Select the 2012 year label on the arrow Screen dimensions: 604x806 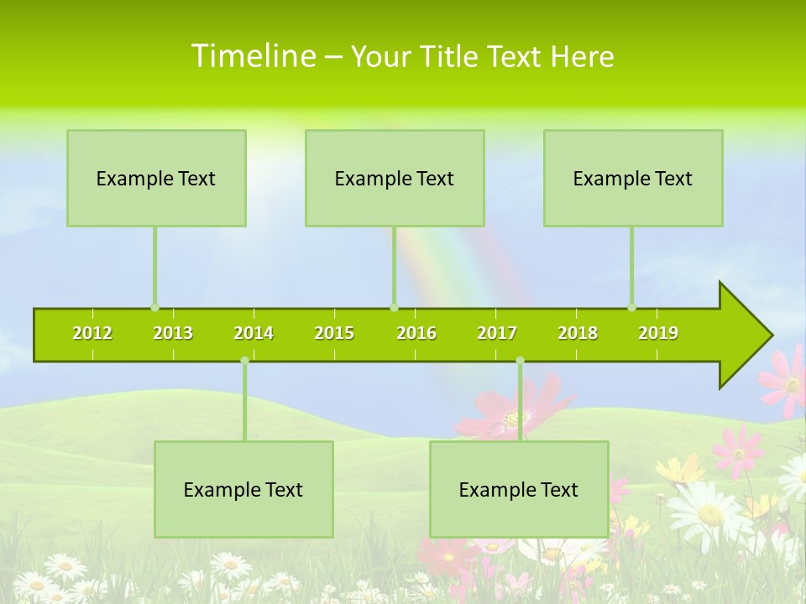click(92, 333)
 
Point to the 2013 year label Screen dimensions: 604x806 click(173, 333)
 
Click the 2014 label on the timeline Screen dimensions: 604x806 click(254, 333)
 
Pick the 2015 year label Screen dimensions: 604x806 click(334, 333)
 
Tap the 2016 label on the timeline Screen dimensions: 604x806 click(416, 333)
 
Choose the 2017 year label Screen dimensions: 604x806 click(497, 333)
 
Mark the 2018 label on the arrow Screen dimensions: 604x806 click(578, 333)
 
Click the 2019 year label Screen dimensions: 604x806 click(658, 333)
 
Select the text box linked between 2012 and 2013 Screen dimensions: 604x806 click(156, 178)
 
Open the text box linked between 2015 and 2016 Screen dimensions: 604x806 click(395, 178)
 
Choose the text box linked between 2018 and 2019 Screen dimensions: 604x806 click(633, 178)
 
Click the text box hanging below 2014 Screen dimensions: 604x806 click(243, 489)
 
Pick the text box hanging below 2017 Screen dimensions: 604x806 click(519, 489)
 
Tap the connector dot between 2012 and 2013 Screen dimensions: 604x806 click(154, 308)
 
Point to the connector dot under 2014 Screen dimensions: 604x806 click(244, 361)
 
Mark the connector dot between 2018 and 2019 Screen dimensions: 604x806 click(631, 308)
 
